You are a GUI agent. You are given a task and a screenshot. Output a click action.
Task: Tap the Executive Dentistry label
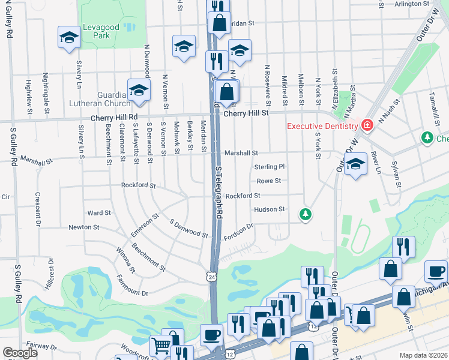322,126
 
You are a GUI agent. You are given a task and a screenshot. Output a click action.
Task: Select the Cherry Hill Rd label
114,117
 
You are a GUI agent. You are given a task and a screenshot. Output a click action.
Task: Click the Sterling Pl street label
269,167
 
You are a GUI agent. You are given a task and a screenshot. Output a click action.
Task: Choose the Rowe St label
269,181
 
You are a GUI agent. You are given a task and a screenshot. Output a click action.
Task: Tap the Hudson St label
269,209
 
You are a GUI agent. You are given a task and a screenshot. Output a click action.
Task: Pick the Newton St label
83,227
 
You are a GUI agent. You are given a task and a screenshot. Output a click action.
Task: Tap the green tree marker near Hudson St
306,214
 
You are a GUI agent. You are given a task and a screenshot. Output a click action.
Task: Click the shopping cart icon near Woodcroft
161,345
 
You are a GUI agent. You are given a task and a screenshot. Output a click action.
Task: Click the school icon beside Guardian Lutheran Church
139,90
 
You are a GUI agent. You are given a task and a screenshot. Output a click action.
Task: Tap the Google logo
20,353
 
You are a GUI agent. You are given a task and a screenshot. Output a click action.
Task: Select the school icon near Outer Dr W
356,164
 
